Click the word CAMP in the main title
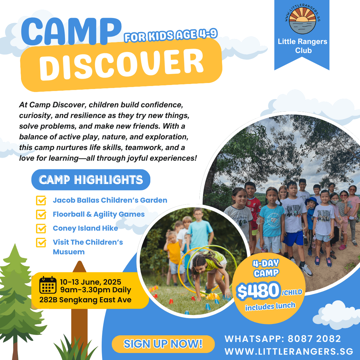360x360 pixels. coord(71,32)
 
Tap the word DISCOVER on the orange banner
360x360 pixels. coord(121,64)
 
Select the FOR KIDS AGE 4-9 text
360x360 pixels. coord(170,36)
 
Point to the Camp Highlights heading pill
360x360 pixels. coord(91,180)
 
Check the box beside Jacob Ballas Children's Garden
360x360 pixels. coord(41,201)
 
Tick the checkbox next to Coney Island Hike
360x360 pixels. coord(41,228)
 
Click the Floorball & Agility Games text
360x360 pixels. coord(99,214)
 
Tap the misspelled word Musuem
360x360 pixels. coord(69,252)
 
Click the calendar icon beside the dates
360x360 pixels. coord(48,285)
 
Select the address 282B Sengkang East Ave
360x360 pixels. coord(85,300)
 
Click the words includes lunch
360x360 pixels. coord(270,306)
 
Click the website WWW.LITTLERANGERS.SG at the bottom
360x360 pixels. coord(289,352)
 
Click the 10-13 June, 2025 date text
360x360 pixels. coord(90,282)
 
